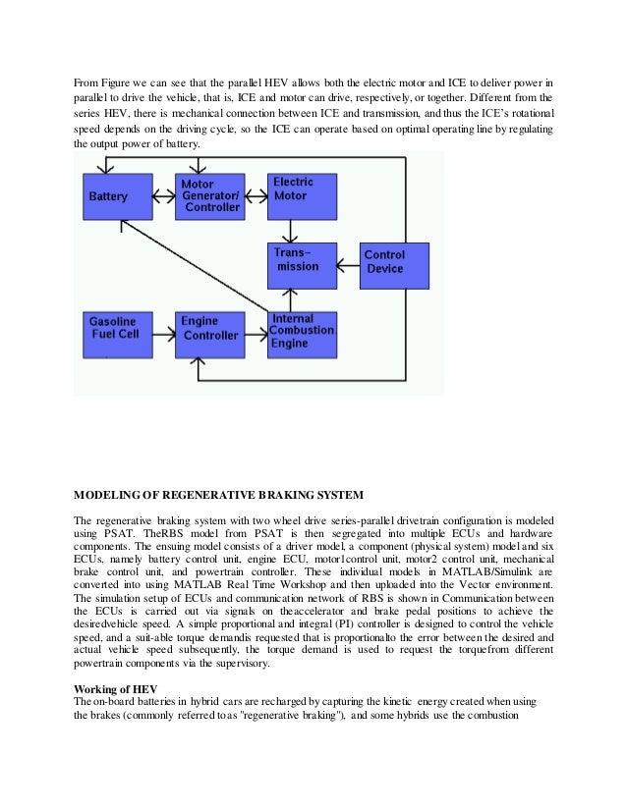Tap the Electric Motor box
click(303, 195)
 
